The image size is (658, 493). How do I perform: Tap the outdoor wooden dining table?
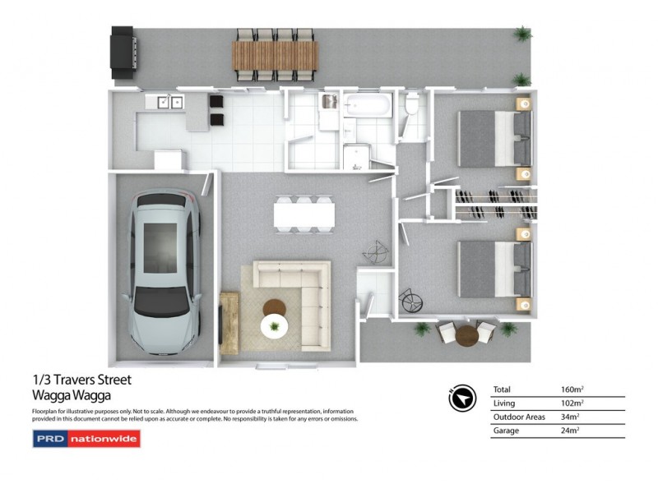click(x=274, y=55)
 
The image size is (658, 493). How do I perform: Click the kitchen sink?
click(x=169, y=102)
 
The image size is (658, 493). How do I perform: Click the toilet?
click(x=413, y=104)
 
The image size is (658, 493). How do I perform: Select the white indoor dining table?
click(x=304, y=214)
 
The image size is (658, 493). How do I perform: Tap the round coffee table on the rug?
click(x=275, y=310)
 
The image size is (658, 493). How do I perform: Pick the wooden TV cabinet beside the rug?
click(x=229, y=322)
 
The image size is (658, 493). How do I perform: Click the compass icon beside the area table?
click(x=463, y=399)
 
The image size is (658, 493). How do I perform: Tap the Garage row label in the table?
click(x=506, y=431)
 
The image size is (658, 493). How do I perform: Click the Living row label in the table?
click(x=503, y=403)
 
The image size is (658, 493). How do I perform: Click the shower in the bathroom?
click(x=358, y=154)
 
